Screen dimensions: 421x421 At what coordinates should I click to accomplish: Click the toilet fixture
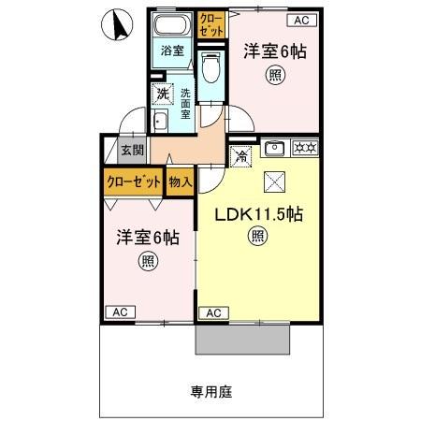[210, 67]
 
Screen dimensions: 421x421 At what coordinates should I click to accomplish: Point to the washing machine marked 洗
[163, 94]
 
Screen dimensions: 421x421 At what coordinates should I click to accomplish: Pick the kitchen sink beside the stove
[275, 147]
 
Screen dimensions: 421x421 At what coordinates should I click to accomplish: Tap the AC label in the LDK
[212, 312]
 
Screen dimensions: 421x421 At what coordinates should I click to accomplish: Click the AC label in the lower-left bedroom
[119, 312]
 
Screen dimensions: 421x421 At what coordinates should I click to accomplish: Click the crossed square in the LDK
[275, 181]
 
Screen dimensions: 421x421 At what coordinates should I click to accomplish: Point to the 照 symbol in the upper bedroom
[274, 75]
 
